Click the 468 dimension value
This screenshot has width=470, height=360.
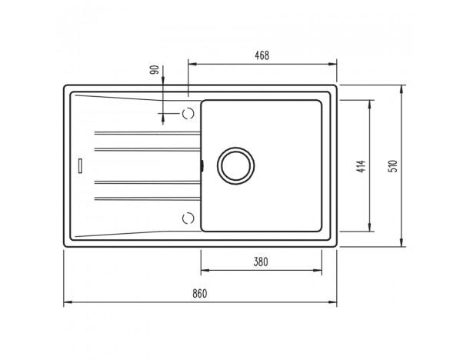[x=262, y=55]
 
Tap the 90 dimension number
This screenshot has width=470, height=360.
[x=155, y=70]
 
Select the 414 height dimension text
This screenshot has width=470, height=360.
[x=362, y=166]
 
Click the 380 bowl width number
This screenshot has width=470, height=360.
[x=261, y=262]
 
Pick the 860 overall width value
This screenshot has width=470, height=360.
[x=200, y=293]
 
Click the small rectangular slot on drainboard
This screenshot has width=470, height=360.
[x=80, y=165]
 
